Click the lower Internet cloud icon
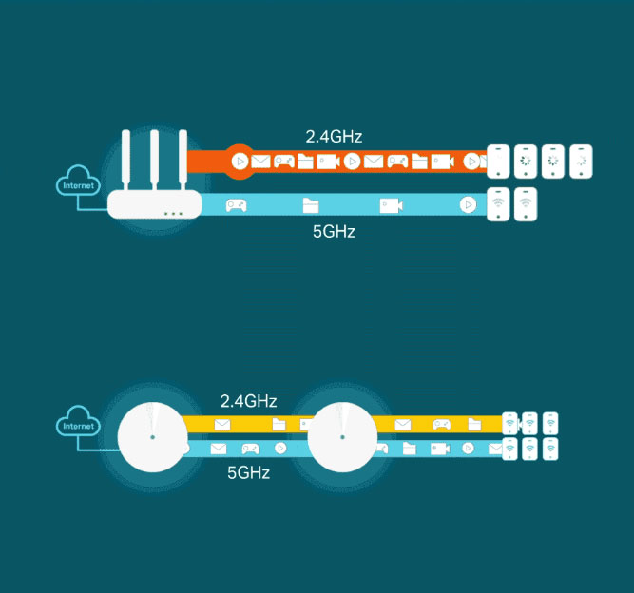[x=79, y=424]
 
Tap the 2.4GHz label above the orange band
[x=334, y=137]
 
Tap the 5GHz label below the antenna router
[x=334, y=230]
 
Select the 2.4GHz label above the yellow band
[x=248, y=401]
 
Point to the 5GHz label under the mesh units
[x=248, y=471]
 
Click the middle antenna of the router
[x=153, y=157]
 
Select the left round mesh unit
[x=152, y=437]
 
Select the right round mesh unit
[x=342, y=437]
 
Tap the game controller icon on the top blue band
[x=236, y=204]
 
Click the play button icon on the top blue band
[x=467, y=204]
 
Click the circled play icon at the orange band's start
[x=240, y=161]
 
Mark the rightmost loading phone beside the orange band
[x=581, y=162]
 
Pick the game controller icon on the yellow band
[x=442, y=424]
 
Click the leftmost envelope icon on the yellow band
[x=222, y=424]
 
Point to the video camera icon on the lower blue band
[x=440, y=448]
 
